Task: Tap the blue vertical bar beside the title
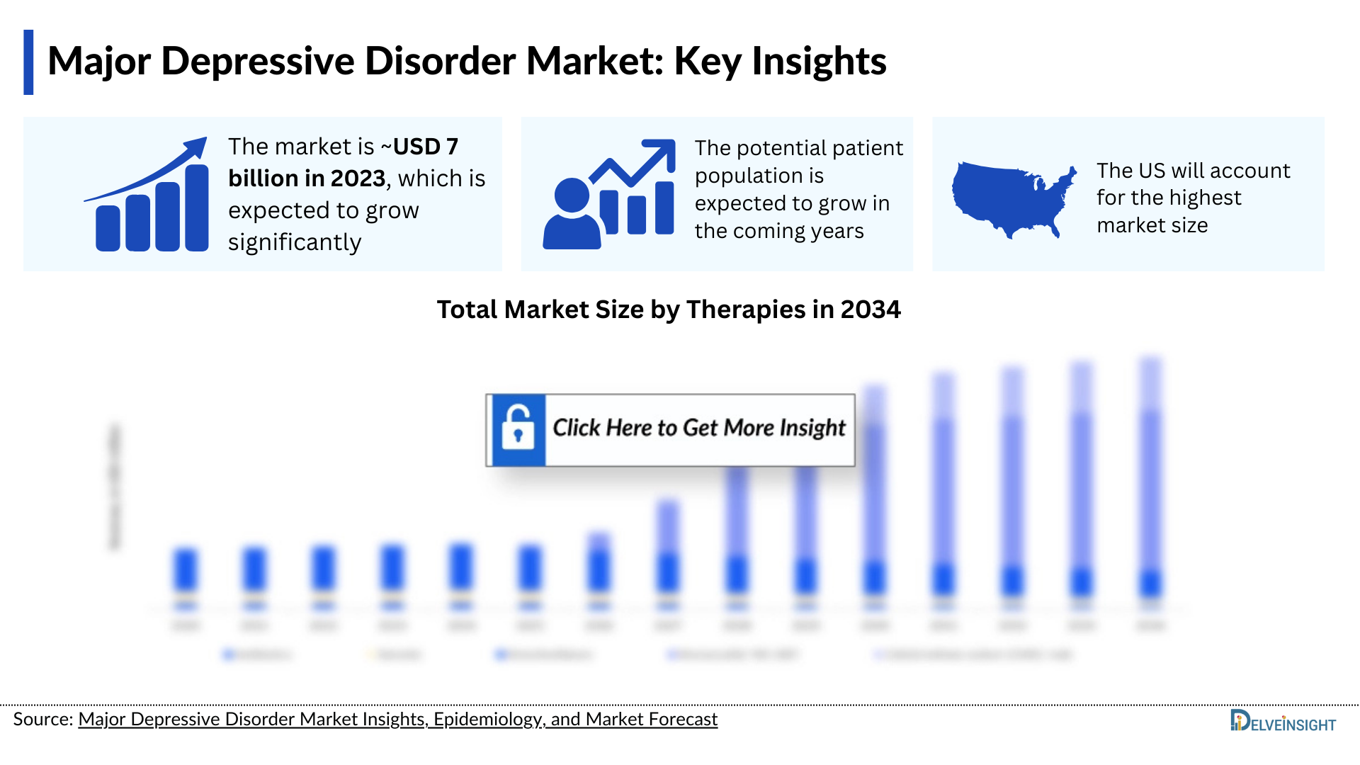pos(28,62)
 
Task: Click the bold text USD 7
pos(425,147)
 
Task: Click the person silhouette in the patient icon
pos(572,216)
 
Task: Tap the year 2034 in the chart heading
pos(870,310)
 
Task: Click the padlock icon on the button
pos(518,430)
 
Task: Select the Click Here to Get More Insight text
pos(698,429)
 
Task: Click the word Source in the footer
pos(42,720)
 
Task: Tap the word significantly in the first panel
pos(295,243)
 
